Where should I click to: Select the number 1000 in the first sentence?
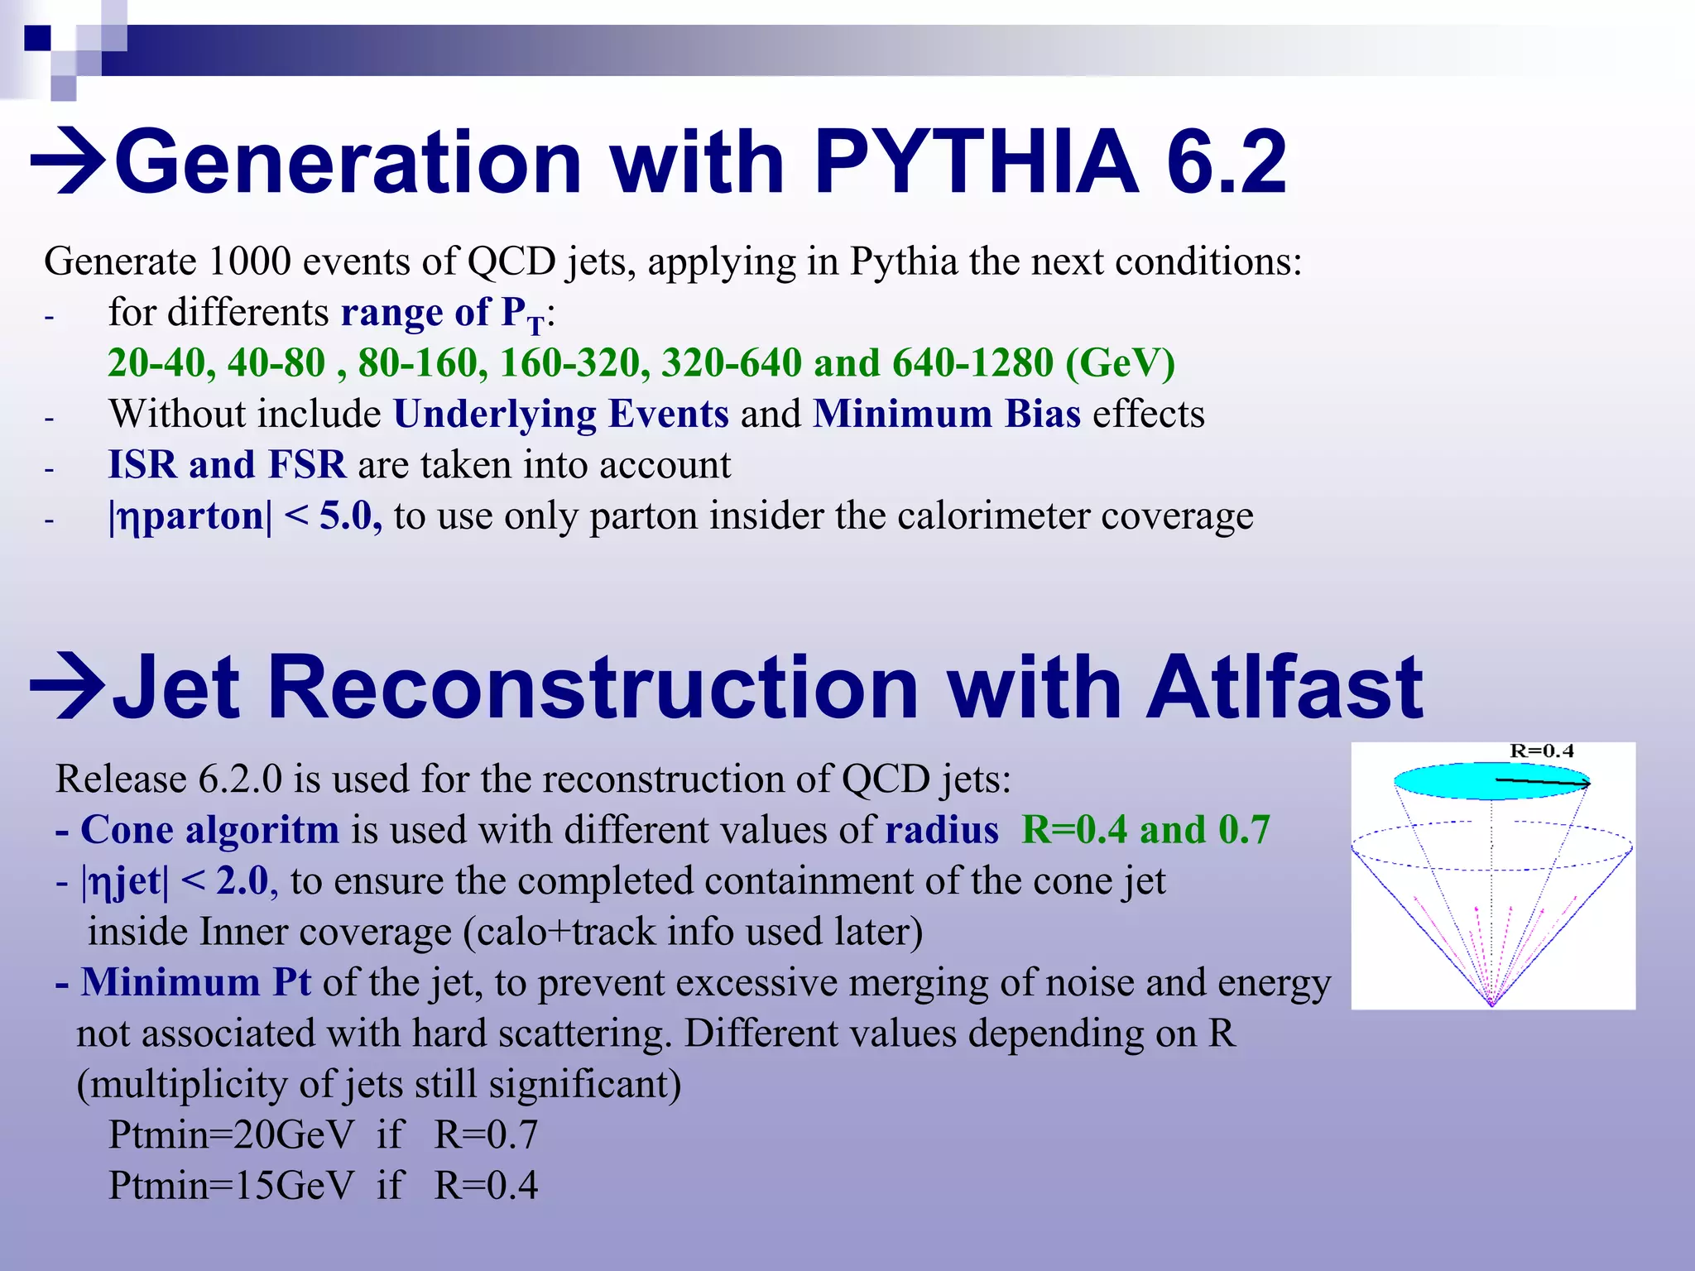tap(249, 261)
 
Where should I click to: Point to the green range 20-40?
tap(156, 363)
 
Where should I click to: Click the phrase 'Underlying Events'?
tap(560, 414)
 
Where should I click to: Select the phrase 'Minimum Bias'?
tap(946, 414)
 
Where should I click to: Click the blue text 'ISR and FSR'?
tap(227, 465)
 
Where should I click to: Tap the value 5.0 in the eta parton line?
tap(345, 516)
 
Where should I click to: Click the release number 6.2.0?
tap(239, 779)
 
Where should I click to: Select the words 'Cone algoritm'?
tap(209, 830)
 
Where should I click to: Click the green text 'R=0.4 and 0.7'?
tap(1145, 830)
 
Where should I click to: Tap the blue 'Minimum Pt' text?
tap(195, 983)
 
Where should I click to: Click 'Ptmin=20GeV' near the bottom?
tap(231, 1135)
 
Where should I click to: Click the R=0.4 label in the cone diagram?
tap(1541, 751)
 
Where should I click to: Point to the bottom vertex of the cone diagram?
tap(1491, 1004)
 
